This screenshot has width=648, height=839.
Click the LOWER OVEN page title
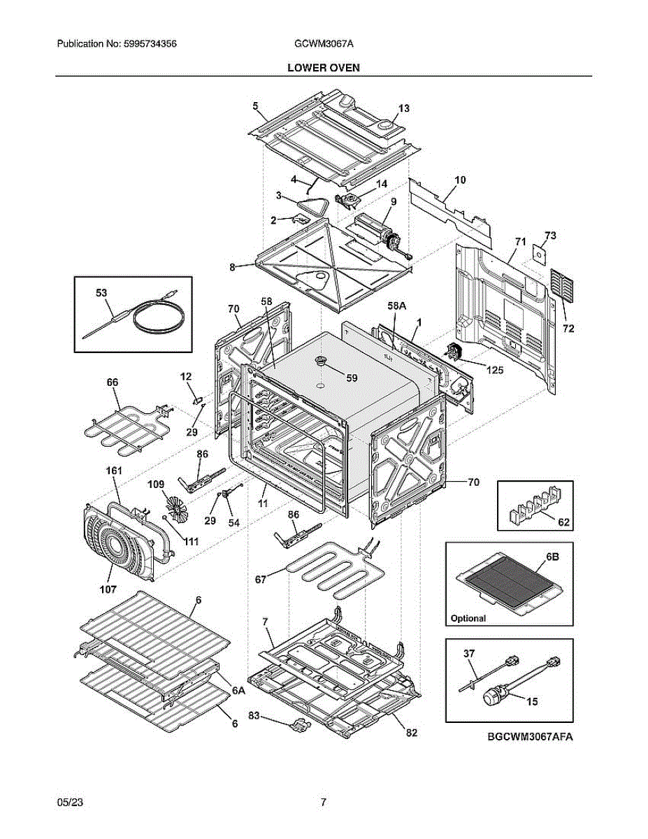[323, 68]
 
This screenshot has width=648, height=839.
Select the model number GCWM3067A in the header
[324, 43]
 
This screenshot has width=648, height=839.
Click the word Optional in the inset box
[468, 618]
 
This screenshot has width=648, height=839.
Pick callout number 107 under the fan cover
[108, 589]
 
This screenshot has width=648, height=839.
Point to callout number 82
[411, 732]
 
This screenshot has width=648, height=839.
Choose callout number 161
[113, 472]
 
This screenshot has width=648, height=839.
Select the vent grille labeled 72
[563, 285]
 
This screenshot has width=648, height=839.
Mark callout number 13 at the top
[403, 108]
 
